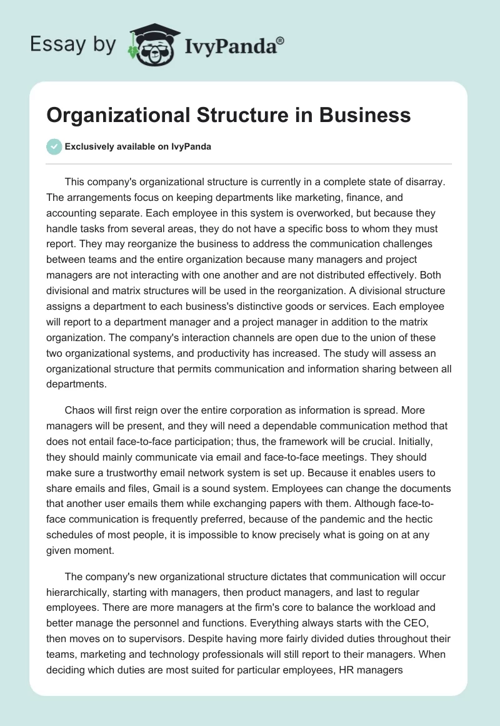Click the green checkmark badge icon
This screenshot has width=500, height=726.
click(x=54, y=146)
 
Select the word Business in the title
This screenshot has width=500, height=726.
click(x=364, y=116)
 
